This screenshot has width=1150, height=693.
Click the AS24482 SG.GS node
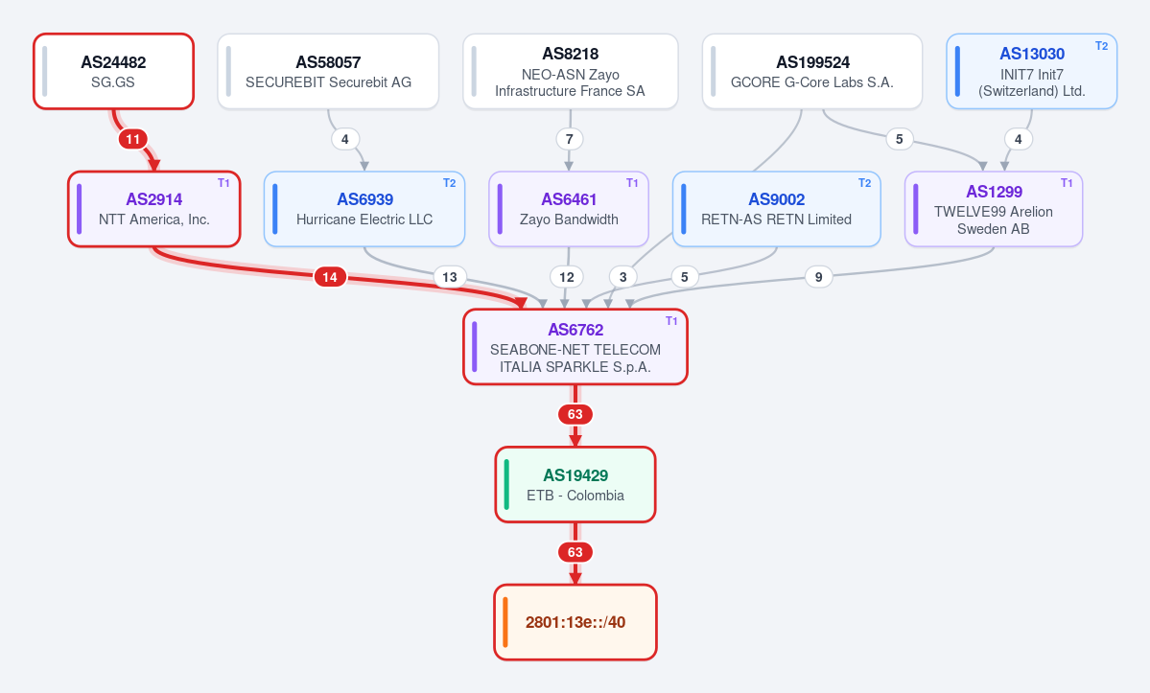coord(114,71)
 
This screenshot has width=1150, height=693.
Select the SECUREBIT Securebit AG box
coord(328,71)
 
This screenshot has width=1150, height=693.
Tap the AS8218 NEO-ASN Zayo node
coord(570,71)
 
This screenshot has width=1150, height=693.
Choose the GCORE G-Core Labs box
coord(811,71)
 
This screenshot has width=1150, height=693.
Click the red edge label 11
coord(132,139)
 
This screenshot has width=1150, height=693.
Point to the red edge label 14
coord(330,277)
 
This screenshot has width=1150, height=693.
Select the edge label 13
coord(450,277)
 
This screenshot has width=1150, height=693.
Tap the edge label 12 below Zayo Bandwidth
coord(566,277)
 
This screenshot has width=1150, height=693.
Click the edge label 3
coord(622,277)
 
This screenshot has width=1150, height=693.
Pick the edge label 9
coord(818,277)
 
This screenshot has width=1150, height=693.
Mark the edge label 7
coord(569,139)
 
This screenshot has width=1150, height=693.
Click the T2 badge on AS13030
coord(1102,45)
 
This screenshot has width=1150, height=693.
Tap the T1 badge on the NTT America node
coord(223,183)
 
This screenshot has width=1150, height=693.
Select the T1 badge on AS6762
coord(671,321)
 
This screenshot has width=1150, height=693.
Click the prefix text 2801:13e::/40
coord(575,623)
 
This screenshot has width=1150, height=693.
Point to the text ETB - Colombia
coord(575,496)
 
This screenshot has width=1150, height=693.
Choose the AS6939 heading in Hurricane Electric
coord(365,199)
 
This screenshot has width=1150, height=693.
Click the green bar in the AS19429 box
coord(506,484)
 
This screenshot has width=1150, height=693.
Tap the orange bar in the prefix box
coord(505,623)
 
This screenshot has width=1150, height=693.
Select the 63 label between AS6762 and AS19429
coord(575,415)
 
